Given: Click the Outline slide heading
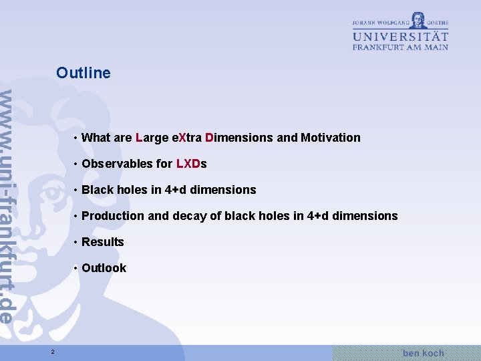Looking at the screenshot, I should tap(84, 73).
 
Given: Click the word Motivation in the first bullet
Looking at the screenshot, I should tap(330, 138).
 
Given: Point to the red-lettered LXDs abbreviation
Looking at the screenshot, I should tap(191, 164).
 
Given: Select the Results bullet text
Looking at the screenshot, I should tap(103, 242).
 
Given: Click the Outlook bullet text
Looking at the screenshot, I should tap(104, 268).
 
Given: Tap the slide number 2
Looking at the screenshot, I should tap(52, 352).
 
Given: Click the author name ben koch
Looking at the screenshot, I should tap(423, 352).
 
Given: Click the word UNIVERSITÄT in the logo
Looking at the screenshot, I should tap(400, 35).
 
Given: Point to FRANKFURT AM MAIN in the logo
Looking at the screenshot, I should tap(400, 47).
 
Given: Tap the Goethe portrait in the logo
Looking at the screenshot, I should tap(418, 19).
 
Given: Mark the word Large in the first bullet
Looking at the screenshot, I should tap(152, 138).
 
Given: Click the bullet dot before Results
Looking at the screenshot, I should tap(77, 242).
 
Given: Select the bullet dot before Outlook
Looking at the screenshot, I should tap(77, 268).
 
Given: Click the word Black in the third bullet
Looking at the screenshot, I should tap(98, 190).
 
